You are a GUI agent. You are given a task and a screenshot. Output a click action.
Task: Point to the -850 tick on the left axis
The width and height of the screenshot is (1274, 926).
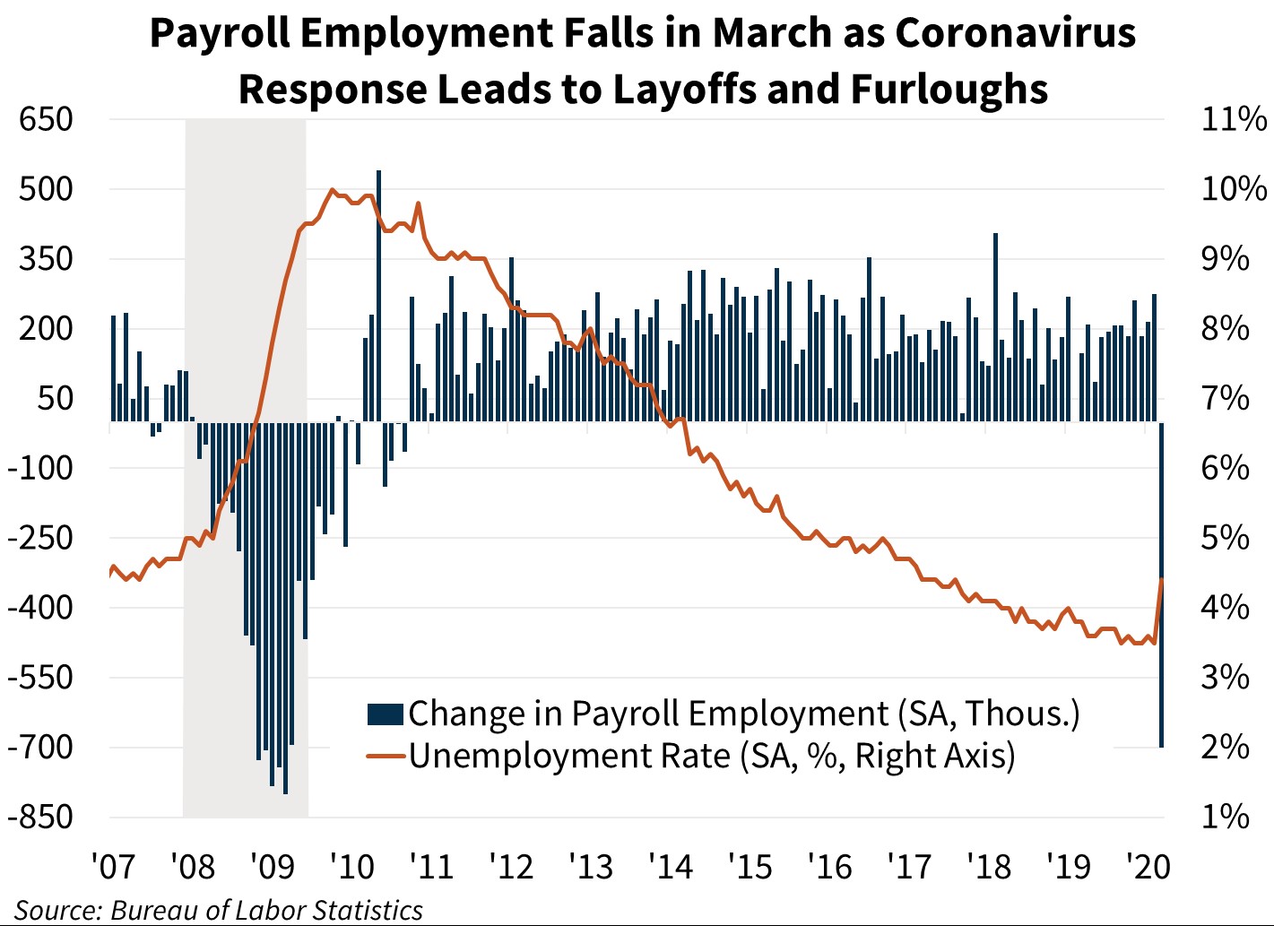point(40,817)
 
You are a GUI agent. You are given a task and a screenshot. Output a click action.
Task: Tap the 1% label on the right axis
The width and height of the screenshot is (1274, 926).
point(1225,817)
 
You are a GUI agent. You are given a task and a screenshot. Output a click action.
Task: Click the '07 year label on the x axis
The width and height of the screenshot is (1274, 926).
point(113,867)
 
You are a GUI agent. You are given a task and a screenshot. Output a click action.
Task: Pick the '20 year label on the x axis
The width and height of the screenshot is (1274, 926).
point(1148,867)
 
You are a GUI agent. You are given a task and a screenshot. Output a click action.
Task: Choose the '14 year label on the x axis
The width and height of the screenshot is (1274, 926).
point(671,867)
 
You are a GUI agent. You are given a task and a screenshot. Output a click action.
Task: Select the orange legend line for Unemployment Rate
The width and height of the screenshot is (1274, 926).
point(386,757)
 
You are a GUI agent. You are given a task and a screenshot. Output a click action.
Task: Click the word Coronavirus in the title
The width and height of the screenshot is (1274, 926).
point(1016,33)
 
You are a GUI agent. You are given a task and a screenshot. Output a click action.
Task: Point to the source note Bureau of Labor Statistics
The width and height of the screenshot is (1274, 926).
point(266,910)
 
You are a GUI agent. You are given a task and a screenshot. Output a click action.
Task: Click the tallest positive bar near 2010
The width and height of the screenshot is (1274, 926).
point(378,296)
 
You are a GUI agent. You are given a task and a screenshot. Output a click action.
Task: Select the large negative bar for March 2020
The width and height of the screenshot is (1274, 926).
point(1161,583)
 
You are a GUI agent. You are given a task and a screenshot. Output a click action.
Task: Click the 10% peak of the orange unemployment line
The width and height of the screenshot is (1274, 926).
point(333,190)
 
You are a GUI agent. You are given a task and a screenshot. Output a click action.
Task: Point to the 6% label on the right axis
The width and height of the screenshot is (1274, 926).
point(1225,468)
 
